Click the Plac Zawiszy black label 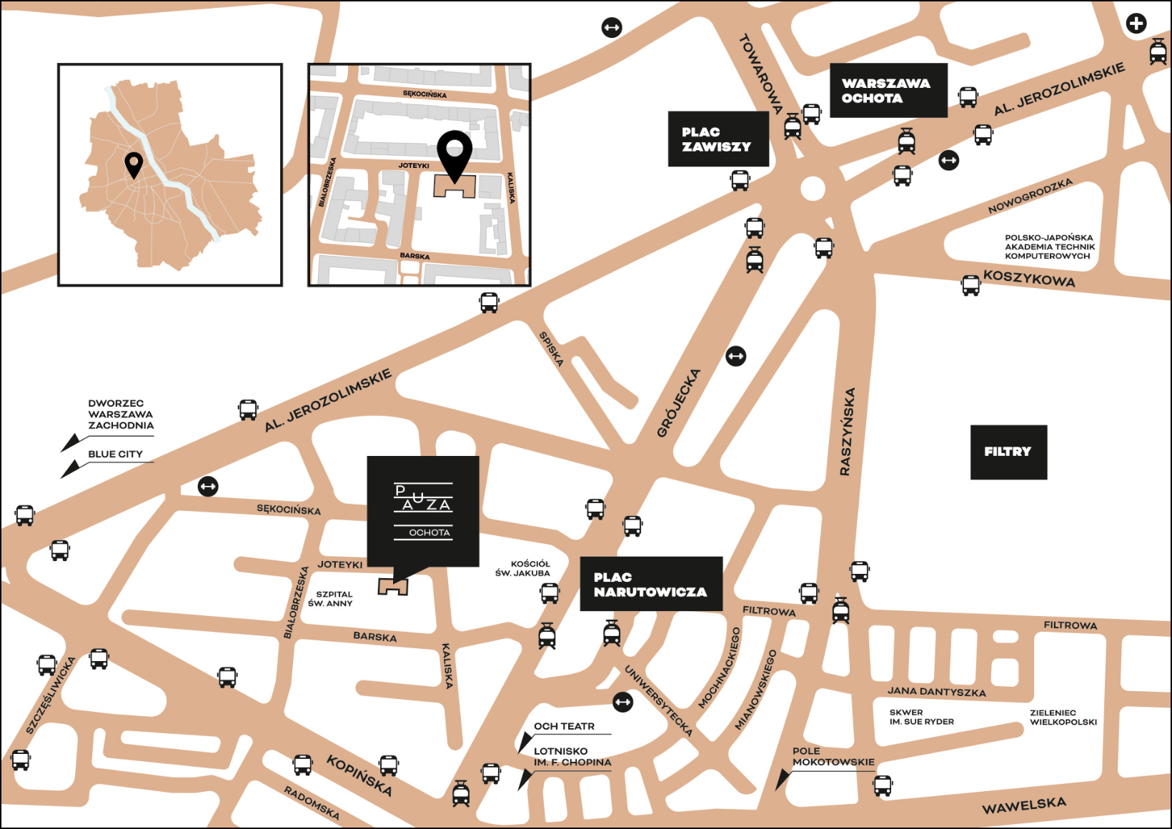tap(717, 139)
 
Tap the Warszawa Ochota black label tap(888, 91)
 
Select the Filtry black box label tap(1008, 452)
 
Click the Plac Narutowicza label tap(650, 585)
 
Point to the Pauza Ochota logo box tap(423, 510)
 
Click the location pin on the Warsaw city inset tap(134, 164)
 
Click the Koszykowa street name tap(1028, 278)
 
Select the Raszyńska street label tap(847, 432)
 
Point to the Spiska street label tap(551, 349)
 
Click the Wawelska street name tap(1023, 805)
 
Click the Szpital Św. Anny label tap(330, 599)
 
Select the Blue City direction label tap(115, 454)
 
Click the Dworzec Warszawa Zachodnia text tap(120, 414)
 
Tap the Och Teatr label tap(564, 726)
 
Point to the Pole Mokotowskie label tap(833, 757)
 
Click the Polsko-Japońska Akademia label tap(1049, 247)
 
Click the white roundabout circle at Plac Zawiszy tap(813, 189)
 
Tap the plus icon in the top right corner tap(1136, 24)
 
